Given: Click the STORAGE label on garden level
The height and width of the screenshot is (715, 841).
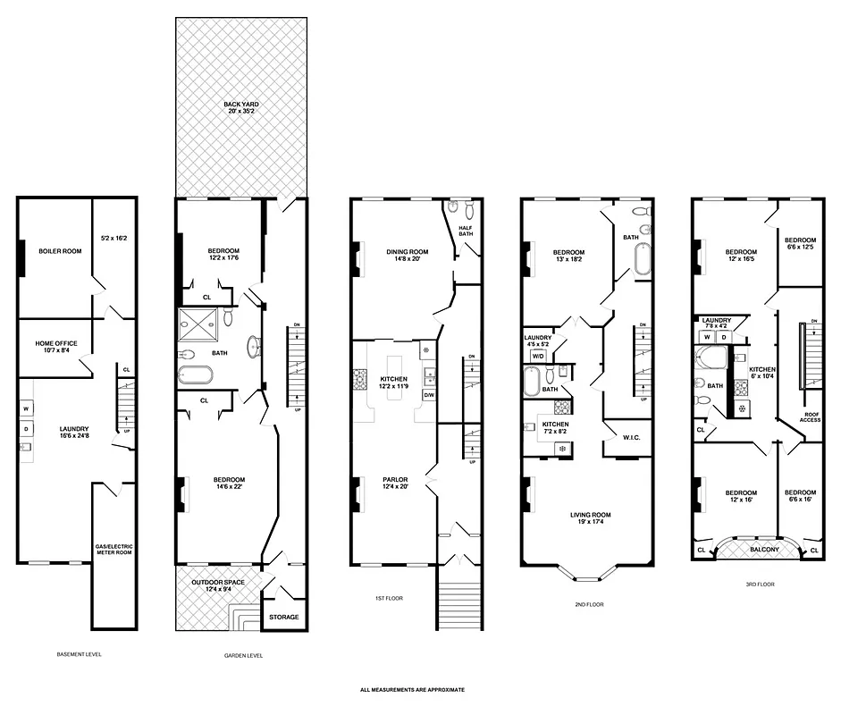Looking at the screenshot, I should pyautogui.click(x=283, y=617).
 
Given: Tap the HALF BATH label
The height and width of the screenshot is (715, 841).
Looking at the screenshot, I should pyautogui.click(x=467, y=231).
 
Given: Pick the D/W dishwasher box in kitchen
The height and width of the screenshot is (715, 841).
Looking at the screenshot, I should pyautogui.click(x=428, y=394).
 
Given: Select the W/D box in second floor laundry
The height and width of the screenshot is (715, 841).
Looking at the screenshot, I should pyautogui.click(x=538, y=355).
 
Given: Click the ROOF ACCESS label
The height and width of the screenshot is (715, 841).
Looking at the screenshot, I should pyautogui.click(x=810, y=416).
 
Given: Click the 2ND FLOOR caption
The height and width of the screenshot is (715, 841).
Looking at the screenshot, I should pyautogui.click(x=589, y=604).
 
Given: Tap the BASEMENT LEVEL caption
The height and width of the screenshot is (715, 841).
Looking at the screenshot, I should pyautogui.click(x=79, y=654).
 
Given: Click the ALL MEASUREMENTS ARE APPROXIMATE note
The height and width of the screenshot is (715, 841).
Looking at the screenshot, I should pyautogui.click(x=412, y=690).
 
